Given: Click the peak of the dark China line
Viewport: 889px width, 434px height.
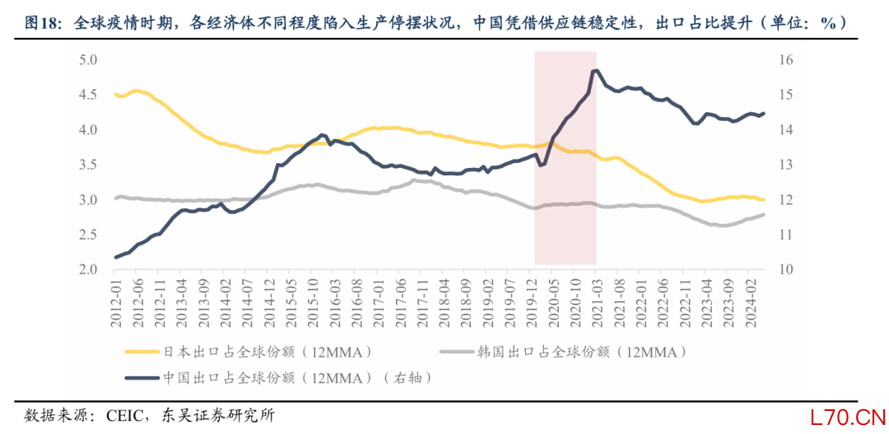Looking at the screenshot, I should (x=595, y=71).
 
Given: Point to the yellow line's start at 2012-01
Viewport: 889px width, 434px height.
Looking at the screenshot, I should (x=115, y=95).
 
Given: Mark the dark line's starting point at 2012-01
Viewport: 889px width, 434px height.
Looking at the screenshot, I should (x=115, y=257).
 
